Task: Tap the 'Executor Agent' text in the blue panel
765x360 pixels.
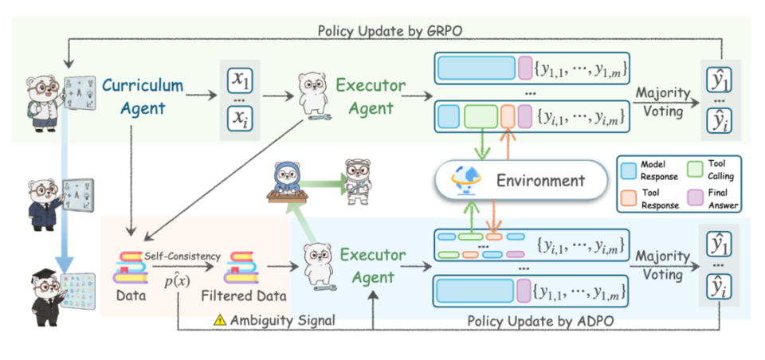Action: coord(367,266)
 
